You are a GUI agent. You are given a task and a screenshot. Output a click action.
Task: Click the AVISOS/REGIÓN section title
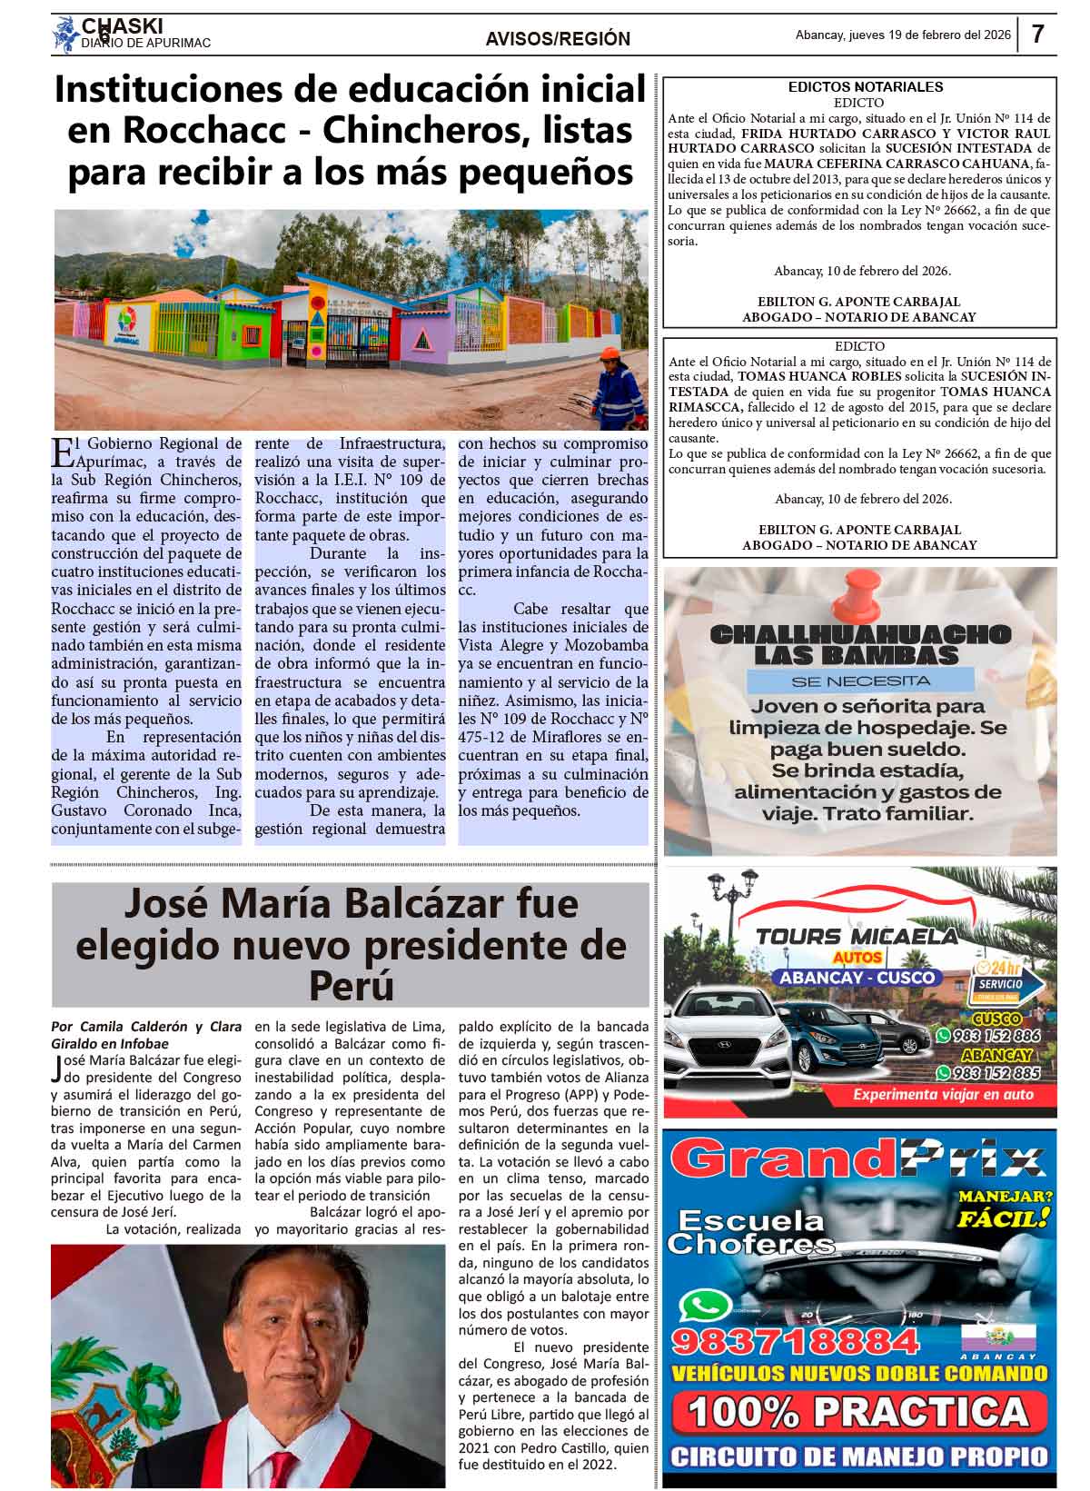(558, 38)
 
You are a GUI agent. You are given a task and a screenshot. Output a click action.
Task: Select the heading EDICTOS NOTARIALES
(866, 87)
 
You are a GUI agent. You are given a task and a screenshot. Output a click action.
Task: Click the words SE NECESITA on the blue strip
(860, 680)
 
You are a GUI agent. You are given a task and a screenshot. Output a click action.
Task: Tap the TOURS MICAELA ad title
(857, 937)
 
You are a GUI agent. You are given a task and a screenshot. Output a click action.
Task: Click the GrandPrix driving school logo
(860, 1159)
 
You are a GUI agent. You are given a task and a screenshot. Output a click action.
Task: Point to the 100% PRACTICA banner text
(857, 1412)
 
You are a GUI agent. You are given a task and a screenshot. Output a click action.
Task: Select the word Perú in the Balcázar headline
(351, 984)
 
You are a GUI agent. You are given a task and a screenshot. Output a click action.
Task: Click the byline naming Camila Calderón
(145, 1035)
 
